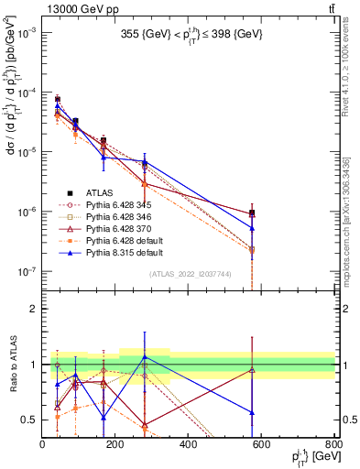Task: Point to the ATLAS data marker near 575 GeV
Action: click(x=252, y=213)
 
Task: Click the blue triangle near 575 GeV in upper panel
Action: click(x=252, y=228)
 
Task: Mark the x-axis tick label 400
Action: click(x=189, y=444)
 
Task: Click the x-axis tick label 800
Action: click(x=334, y=444)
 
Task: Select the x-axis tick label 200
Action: click(x=115, y=444)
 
